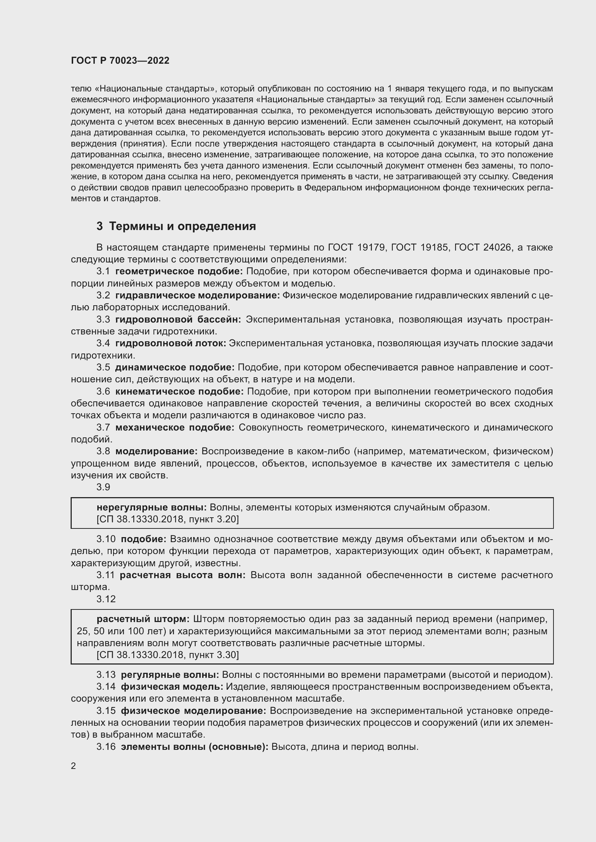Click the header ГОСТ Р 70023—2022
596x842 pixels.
[x=120, y=60]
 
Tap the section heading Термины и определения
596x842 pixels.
[x=177, y=226]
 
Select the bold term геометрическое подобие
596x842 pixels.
[x=179, y=271]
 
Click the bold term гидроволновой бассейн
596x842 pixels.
[x=178, y=319]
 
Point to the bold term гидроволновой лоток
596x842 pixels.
[x=172, y=343]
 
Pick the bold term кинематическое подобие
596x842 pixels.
[x=179, y=391]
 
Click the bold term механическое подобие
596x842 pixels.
[x=175, y=427]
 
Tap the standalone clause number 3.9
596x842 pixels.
[x=103, y=487]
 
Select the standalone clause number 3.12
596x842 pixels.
[x=106, y=599]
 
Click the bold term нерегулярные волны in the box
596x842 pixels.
[x=152, y=508]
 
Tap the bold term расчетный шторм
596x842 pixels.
[x=143, y=619]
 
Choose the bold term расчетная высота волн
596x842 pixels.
[x=182, y=575]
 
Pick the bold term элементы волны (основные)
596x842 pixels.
[x=195, y=746]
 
